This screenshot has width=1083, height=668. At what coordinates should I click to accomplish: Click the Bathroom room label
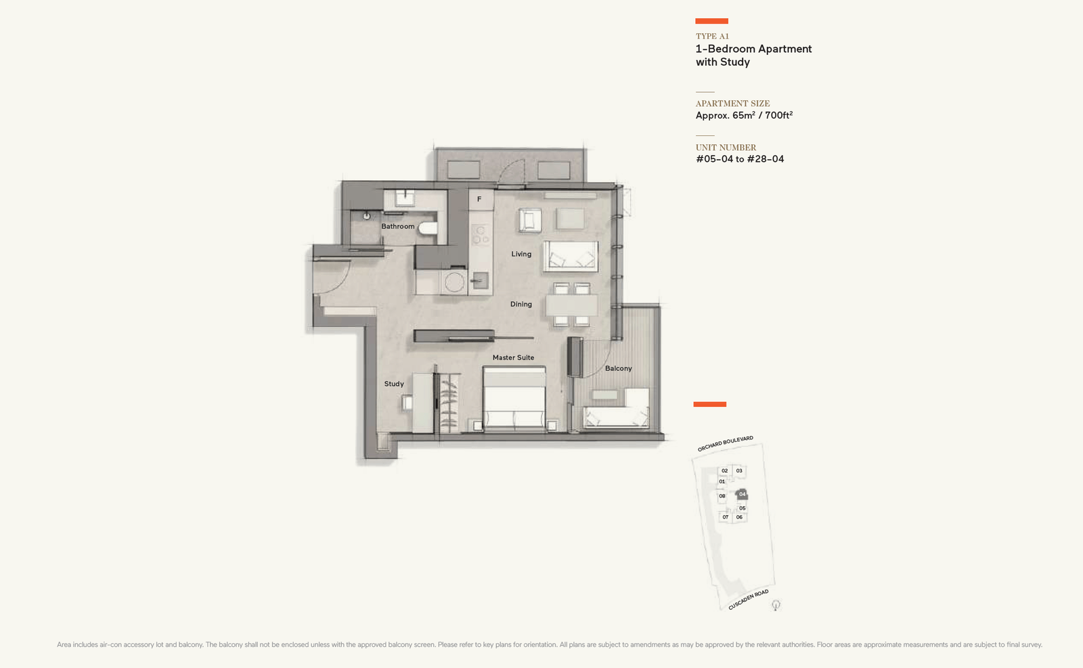click(x=397, y=226)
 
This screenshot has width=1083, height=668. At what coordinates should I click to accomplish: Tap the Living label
click(x=521, y=254)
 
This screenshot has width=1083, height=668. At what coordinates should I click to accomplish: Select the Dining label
click(x=521, y=304)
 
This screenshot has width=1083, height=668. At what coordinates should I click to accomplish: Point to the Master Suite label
click(x=513, y=357)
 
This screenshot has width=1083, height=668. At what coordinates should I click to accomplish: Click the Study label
click(x=393, y=384)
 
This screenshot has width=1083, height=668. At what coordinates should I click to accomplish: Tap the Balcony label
click(x=619, y=368)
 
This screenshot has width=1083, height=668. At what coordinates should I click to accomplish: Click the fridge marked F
click(x=481, y=199)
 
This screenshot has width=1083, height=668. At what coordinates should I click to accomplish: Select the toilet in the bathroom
click(x=427, y=228)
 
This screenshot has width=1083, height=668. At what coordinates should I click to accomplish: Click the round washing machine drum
click(x=454, y=282)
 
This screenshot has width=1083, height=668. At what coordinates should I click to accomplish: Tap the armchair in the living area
click(x=530, y=220)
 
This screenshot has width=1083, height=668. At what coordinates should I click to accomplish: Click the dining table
click(x=571, y=305)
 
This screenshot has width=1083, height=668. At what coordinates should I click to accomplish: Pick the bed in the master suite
click(x=514, y=398)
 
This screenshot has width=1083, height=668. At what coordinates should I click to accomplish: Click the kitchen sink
click(x=480, y=280)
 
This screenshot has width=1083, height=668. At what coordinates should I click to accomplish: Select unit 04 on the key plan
click(x=742, y=494)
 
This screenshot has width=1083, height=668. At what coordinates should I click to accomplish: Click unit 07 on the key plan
click(x=725, y=517)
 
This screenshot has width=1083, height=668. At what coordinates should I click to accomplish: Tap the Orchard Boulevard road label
click(x=725, y=443)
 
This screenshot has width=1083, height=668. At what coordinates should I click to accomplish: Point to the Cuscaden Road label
click(x=748, y=600)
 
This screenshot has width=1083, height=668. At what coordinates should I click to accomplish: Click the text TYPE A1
click(x=712, y=37)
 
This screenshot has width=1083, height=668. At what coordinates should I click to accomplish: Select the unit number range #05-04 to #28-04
click(x=740, y=159)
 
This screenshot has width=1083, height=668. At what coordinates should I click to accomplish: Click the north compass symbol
click(x=776, y=605)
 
